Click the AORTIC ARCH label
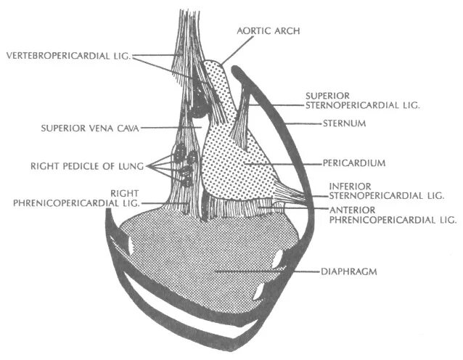tap(268, 32)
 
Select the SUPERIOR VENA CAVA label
tap(81, 128)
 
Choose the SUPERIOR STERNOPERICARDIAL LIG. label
tap(363, 99)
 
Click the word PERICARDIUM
tap(354, 163)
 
